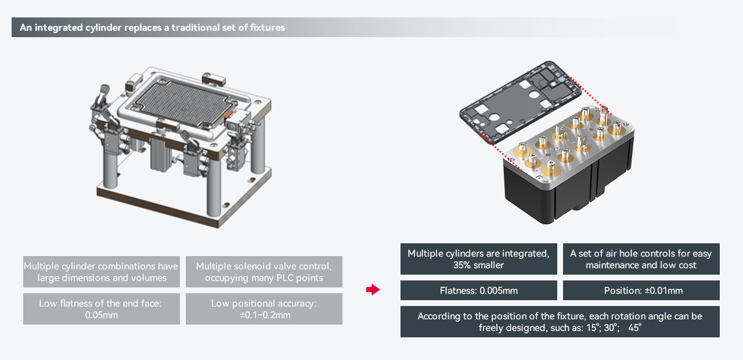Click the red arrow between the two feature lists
point(373,290)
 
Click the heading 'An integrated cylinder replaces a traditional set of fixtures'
point(152,27)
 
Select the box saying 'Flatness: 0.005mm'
point(478,290)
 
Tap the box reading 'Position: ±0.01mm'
point(641,290)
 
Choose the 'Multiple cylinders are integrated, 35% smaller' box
point(478,259)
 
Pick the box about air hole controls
point(641,259)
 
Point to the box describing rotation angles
point(560,322)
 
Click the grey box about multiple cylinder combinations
point(101,272)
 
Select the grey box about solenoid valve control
point(264,272)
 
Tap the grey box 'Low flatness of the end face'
point(101,309)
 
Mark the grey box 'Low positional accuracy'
point(264,309)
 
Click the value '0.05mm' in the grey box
point(102,315)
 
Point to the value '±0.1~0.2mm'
point(264,315)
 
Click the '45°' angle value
point(634,327)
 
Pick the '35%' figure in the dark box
point(463,265)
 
